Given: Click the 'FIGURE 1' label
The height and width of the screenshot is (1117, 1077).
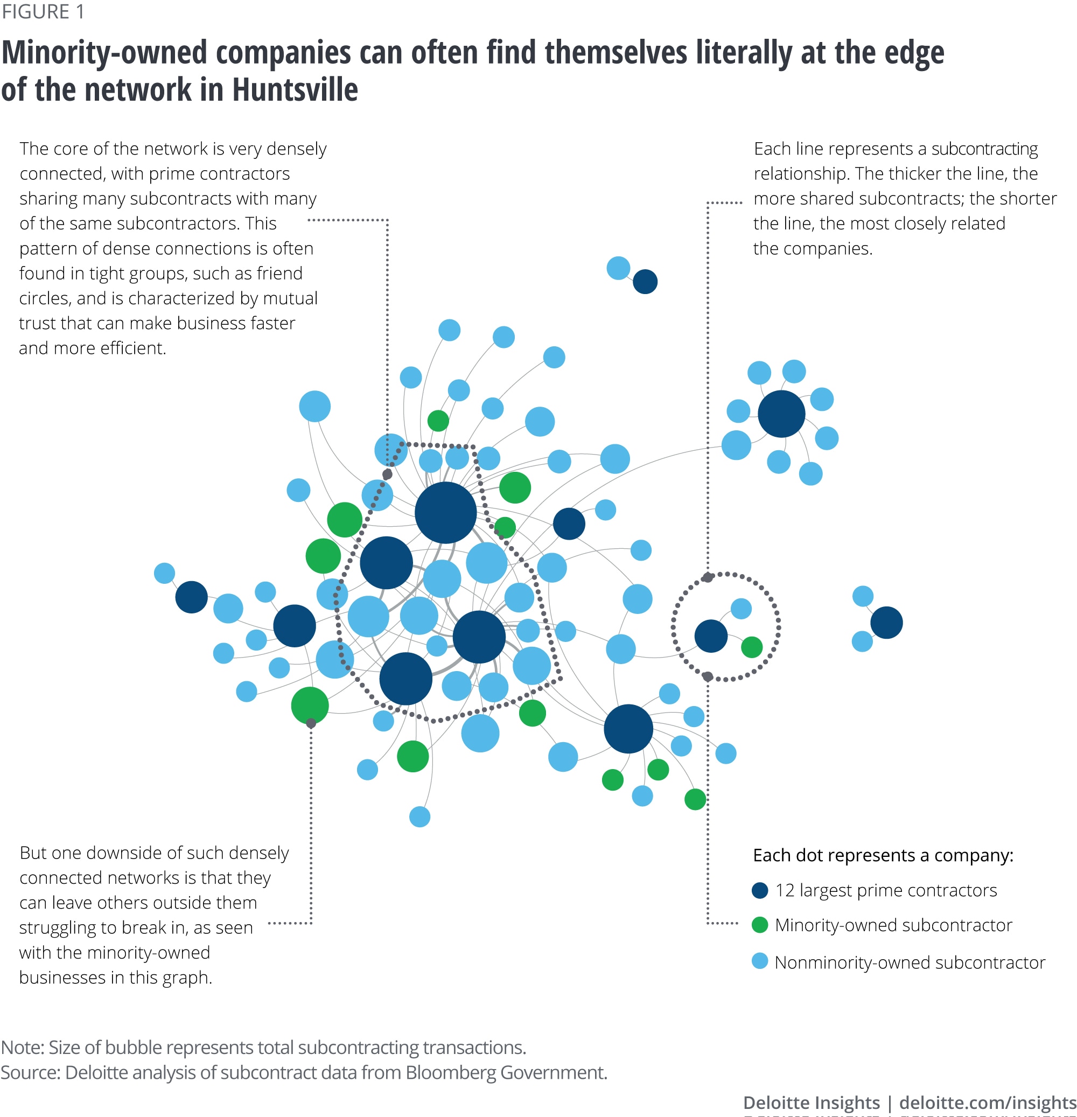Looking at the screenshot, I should pos(43,11).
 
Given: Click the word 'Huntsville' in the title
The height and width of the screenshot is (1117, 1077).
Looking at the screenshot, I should pos(295,90).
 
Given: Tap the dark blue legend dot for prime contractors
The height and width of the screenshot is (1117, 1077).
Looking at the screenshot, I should pos(760,890).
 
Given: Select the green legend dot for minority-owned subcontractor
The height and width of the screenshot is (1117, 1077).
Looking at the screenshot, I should pos(760,925).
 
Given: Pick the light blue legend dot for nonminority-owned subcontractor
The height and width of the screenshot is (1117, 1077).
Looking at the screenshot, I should pos(760,961).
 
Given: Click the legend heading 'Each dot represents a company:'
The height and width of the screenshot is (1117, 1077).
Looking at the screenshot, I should pos(883,855).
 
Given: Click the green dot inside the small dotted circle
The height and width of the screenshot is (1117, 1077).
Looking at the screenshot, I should pos(752,647).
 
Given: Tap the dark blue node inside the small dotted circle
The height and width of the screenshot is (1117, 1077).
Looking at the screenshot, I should pos(711,636).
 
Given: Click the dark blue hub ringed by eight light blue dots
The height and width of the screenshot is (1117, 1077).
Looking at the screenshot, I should pos(781,414).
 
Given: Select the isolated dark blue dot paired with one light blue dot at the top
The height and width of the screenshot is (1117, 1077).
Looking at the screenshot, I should pos(645,282).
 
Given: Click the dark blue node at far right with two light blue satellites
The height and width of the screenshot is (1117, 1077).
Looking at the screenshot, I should pos(886,623).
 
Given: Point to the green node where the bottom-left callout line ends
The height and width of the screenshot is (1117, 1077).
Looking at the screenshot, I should pos(310,705).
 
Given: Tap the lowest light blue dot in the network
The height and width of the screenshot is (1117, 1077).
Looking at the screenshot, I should pos(419,816).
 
